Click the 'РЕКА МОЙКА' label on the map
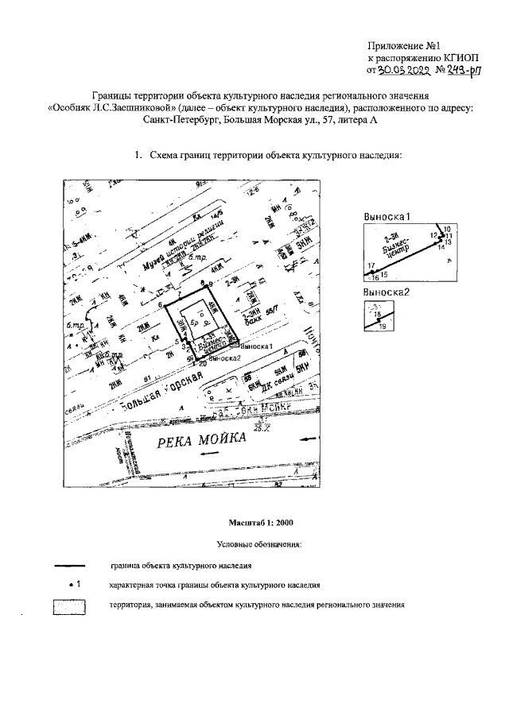[192, 443]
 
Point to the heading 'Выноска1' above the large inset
[386, 215]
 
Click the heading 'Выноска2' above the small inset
[386, 293]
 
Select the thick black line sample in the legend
[70, 566]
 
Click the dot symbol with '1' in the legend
[70, 585]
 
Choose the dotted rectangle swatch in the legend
[69, 607]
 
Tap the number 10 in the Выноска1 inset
[447, 229]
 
